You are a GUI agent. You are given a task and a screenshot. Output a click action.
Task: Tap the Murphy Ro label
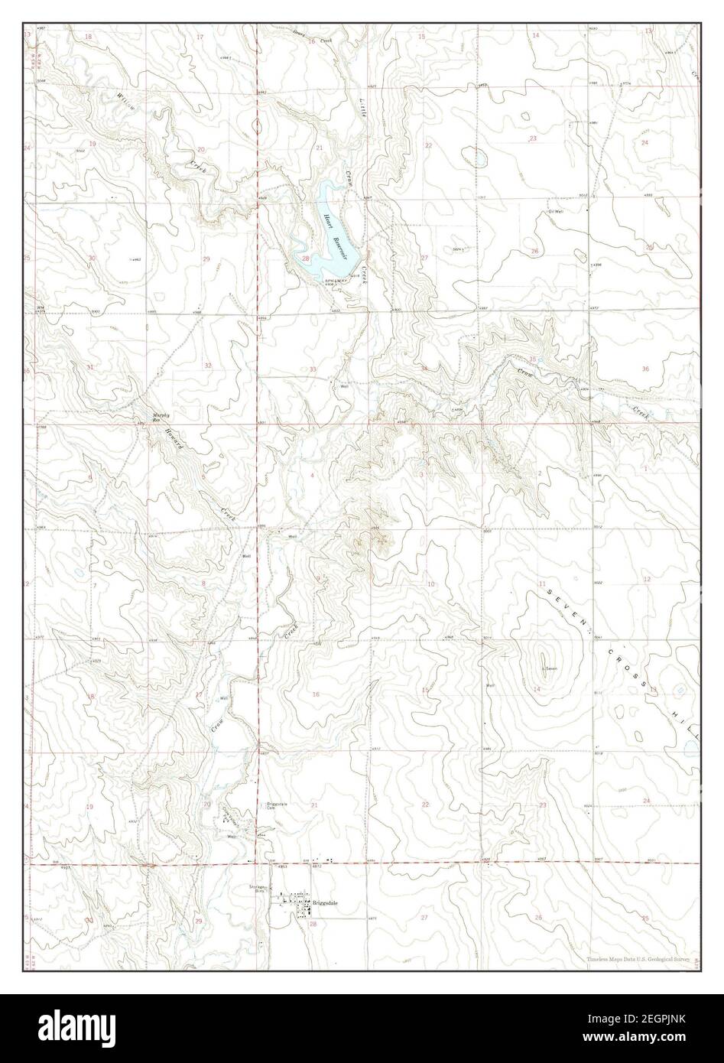[157, 418]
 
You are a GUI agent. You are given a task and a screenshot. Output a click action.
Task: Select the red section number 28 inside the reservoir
[305, 259]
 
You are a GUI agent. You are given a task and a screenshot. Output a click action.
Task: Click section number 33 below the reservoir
[312, 369]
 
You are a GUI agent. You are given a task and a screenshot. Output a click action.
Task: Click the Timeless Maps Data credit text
[642, 959]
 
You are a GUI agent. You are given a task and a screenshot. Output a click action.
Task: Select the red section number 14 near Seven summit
[537, 690]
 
